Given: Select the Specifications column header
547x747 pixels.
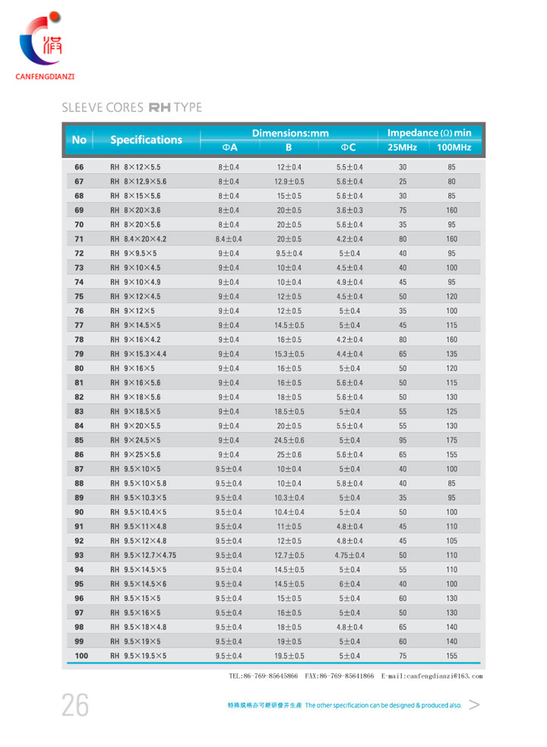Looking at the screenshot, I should (x=146, y=140).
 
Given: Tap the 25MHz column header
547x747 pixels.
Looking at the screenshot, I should (x=402, y=147).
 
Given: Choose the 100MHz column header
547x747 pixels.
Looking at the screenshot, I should (x=453, y=147).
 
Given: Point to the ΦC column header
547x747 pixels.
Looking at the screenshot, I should (x=349, y=147).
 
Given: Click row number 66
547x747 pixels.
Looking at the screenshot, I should (x=79, y=167).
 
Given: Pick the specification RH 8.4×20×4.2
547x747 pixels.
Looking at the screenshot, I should (x=139, y=239).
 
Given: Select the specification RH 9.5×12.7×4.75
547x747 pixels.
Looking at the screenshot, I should (x=144, y=556).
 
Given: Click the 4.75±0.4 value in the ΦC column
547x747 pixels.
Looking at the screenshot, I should (x=349, y=556).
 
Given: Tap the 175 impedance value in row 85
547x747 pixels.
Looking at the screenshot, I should (x=452, y=440).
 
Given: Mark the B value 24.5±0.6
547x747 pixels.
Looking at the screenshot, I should (x=289, y=440).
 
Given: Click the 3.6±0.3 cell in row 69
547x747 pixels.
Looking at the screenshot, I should (x=349, y=210).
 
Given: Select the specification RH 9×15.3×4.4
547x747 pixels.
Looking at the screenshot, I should (x=139, y=354).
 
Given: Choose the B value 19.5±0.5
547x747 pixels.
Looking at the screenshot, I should (x=289, y=656).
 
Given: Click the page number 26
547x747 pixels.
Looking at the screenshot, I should (x=75, y=706).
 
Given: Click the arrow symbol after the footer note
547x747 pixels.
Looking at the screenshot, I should (x=475, y=705).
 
